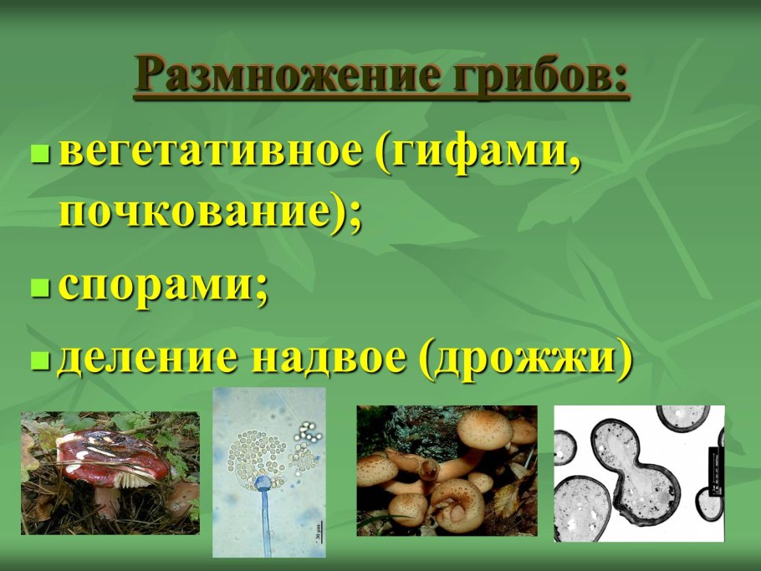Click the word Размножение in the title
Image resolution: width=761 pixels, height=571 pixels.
pyautogui.click(x=288, y=76)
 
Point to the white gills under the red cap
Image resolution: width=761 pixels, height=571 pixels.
pyautogui.click(x=135, y=479)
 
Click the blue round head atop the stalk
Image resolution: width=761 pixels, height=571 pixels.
pyautogui.click(x=263, y=482)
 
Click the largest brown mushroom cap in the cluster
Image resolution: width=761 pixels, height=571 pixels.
pyautogui.click(x=485, y=430)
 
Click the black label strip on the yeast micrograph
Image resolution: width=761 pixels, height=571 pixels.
pyautogui.click(x=717, y=472)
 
